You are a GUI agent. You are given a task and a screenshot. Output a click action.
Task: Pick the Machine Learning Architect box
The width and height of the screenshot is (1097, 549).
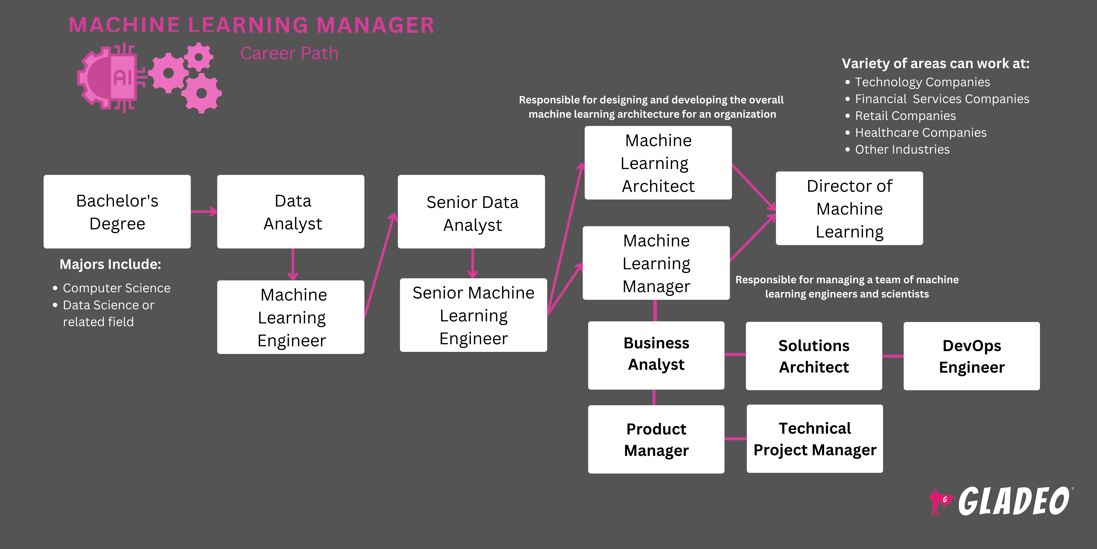click(658, 163)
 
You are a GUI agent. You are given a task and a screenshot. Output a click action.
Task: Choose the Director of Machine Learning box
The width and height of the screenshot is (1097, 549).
click(849, 208)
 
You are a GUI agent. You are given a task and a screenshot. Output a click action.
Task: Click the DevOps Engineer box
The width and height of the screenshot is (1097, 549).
click(971, 356)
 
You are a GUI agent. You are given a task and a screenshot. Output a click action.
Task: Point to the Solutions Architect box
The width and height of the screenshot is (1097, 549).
click(814, 356)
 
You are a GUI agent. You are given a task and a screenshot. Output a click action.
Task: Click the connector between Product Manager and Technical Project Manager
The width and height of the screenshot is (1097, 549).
click(735, 439)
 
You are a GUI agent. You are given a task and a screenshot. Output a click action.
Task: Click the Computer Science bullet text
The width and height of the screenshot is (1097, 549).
click(116, 288)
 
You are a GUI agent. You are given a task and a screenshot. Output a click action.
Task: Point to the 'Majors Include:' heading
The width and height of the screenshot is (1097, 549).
click(110, 264)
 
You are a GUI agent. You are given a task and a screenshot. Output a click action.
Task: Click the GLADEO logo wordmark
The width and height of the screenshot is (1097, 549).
click(1014, 502)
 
